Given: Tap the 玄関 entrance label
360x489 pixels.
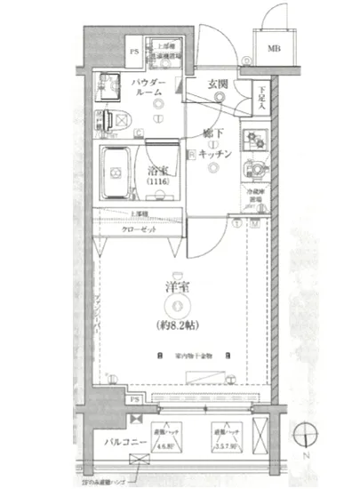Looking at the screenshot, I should [219, 85].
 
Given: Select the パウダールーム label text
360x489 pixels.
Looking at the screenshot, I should [146, 87].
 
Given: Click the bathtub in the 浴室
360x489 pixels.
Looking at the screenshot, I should [115, 173].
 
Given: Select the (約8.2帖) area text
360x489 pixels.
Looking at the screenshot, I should [180, 324].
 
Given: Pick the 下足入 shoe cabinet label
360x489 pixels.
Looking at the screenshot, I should [262, 95].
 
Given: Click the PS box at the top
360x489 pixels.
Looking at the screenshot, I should [134, 51].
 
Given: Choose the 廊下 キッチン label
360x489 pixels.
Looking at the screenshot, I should [215, 146].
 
